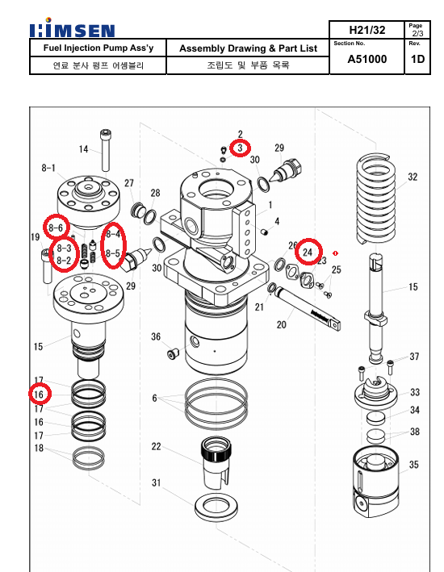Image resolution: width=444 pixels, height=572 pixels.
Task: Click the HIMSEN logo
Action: pyautogui.click(x=73, y=28)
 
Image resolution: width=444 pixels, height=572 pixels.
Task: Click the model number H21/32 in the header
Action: pyautogui.click(x=367, y=30)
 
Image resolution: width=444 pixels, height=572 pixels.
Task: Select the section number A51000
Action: pyautogui.click(x=367, y=59)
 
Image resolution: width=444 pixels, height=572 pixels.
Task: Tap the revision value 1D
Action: pyautogui.click(x=417, y=59)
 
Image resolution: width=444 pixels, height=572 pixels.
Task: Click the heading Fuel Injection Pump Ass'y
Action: pyautogui.click(x=98, y=48)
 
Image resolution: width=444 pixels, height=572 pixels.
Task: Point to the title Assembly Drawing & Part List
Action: pyautogui.click(x=249, y=48)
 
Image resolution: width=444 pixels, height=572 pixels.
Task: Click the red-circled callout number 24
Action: pyautogui.click(x=308, y=252)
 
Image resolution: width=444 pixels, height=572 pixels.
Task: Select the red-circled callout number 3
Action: pyautogui.click(x=240, y=148)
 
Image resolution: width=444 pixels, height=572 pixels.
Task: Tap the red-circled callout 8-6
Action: pyautogui.click(x=56, y=228)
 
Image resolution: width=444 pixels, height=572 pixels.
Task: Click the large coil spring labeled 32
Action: pyautogui.click(x=375, y=199)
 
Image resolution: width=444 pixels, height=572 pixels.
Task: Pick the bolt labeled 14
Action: pyautogui.click(x=106, y=150)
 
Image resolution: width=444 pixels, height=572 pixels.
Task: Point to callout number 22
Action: pyautogui.click(x=157, y=446)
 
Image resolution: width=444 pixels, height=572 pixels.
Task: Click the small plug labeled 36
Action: pyautogui.click(x=173, y=353)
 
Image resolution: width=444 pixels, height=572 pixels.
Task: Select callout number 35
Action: pyautogui.click(x=413, y=465)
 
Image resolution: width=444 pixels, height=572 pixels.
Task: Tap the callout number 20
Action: pyautogui.click(x=281, y=324)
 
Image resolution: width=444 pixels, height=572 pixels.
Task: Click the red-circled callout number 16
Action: pyautogui.click(x=39, y=395)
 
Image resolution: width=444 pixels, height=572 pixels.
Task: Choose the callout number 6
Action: pyautogui.click(x=154, y=398)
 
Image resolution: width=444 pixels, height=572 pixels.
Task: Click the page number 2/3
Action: pyautogui.click(x=417, y=34)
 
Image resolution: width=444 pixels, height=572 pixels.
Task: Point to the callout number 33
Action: pyautogui.click(x=415, y=392)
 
